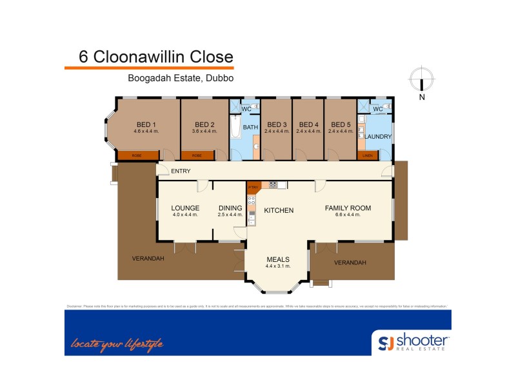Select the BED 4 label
point(308,124)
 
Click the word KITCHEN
point(279,210)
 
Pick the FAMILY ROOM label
point(348,208)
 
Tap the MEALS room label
point(278,259)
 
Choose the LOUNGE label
point(185,208)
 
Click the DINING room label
point(230,208)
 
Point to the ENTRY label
point(181,171)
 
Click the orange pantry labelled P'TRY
point(253,188)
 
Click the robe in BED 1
point(137,155)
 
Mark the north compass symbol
point(422,81)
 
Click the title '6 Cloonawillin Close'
point(155,56)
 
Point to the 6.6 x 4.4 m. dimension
point(348,215)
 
